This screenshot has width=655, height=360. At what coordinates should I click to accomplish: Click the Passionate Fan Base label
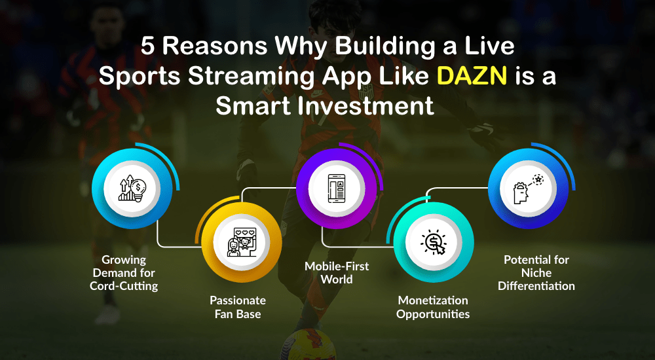coord(238,307)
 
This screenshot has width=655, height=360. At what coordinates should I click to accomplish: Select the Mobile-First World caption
coord(337,273)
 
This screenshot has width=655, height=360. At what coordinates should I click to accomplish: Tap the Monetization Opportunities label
coord(434,307)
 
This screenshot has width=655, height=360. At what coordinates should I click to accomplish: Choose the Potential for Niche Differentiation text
coord(536,272)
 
